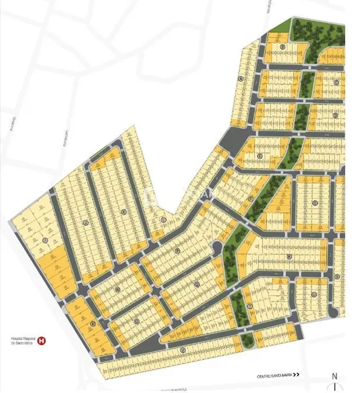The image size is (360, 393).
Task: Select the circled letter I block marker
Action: point(45,239)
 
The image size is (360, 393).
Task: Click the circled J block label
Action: point(86,223)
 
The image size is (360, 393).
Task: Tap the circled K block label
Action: point(123,211)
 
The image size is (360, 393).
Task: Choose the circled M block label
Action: point(93,323)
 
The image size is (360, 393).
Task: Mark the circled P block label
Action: point(177,250)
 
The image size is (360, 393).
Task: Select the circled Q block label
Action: point(197,283)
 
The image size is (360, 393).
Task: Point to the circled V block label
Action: point(182,350)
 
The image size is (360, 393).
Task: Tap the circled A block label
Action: point(241,79)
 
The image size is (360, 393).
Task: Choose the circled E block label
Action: point(259,157)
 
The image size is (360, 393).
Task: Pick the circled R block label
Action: point(290,257)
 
